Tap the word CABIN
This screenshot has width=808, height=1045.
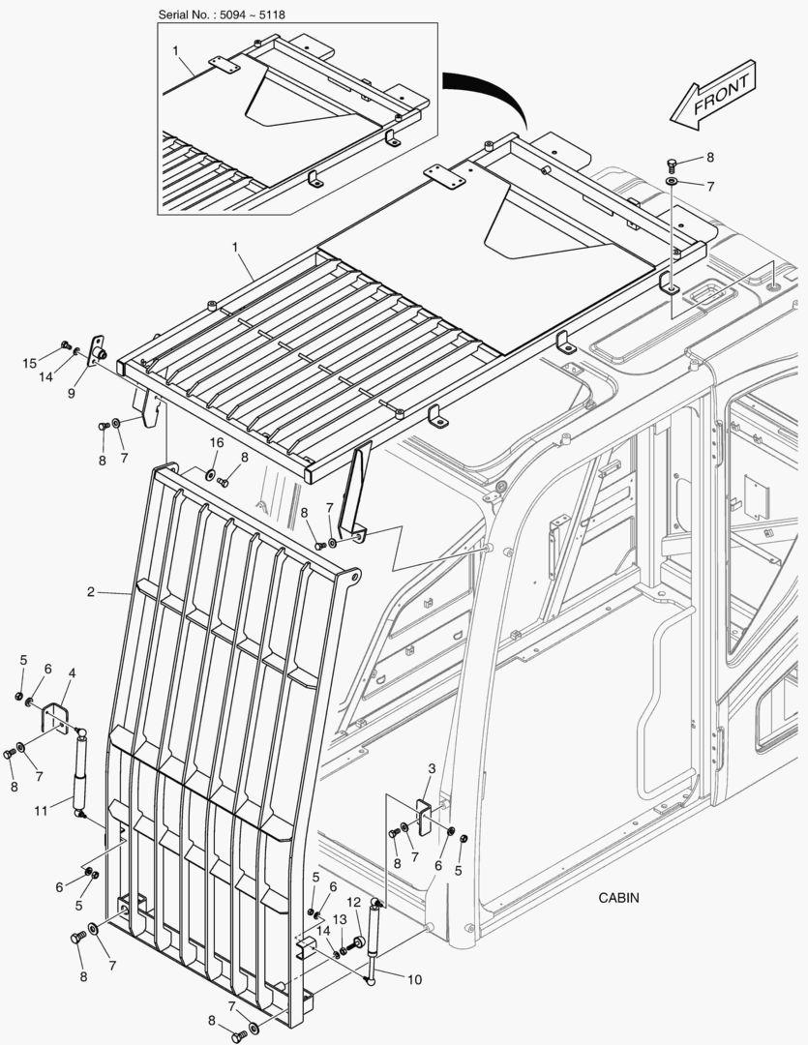[618, 898]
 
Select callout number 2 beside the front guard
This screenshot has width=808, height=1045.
[90, 592]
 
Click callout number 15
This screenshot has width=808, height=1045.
[29, 363]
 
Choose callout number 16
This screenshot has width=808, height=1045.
[216, 442]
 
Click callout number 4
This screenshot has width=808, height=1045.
[72, 672]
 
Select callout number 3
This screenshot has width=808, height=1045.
[432, 768]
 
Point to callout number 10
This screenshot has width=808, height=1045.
[413, 979]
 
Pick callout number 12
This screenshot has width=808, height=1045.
[353, 902]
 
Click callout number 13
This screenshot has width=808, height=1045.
[339, 919]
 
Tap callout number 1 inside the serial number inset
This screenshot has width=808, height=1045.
[175, 48]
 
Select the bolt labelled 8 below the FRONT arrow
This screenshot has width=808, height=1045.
[672, 164]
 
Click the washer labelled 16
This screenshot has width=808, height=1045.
[209, 474]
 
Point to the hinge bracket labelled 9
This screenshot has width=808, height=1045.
[97, 350]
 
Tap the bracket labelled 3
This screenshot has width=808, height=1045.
[423, 815]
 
